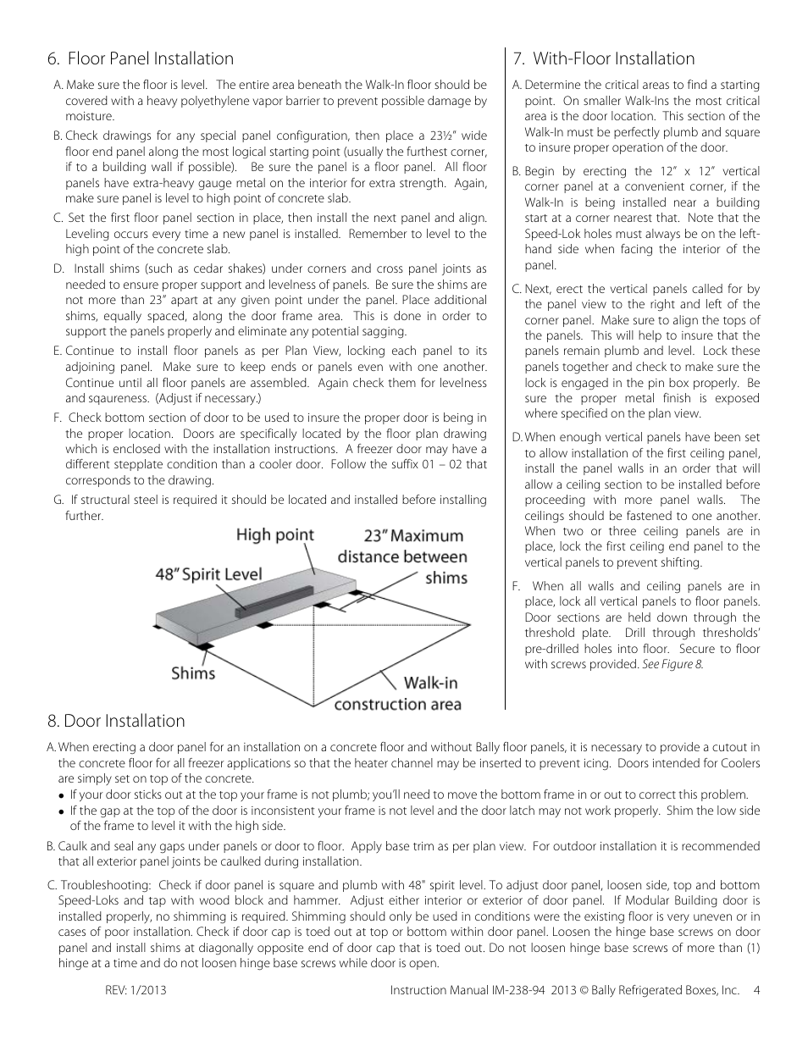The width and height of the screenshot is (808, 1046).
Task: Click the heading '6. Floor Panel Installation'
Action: (141, 58)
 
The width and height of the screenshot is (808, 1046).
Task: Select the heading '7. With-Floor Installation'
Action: (603, 58)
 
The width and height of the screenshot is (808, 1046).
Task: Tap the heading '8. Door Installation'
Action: (116, 721)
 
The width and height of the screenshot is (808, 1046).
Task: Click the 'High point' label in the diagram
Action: (274, 534)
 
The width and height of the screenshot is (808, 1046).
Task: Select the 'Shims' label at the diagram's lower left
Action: (193, 673)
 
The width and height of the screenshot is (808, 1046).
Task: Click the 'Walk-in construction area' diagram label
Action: (398, 693)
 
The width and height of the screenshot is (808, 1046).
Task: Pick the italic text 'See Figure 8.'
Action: (672, 665)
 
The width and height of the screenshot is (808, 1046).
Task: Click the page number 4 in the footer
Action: (756, 990)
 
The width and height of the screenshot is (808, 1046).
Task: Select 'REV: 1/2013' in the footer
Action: (133, 990)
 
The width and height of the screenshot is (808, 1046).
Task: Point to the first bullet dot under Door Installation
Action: (62, 795)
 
